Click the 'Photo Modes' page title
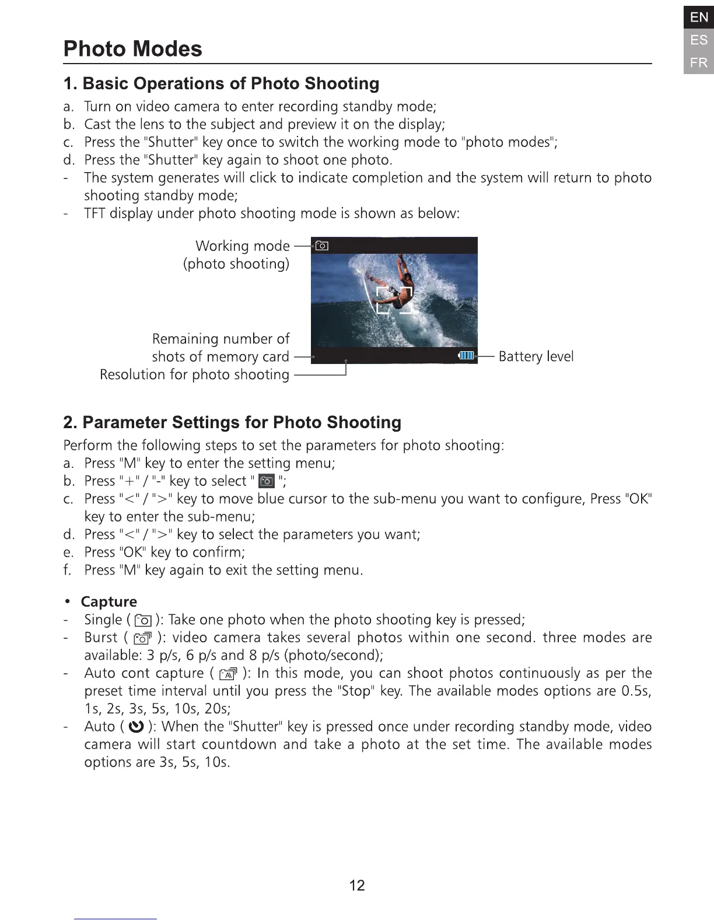132,49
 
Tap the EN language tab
698,17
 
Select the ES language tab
698,40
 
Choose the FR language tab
698,63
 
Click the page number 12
356,885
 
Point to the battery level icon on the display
467,356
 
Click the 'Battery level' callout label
535,356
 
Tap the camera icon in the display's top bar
321,246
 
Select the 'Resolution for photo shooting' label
194,374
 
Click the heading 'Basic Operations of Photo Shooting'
221,83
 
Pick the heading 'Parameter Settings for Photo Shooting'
232,422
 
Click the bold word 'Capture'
109,601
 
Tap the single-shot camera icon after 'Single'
143,621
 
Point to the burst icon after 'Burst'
143,639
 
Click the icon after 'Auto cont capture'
228,674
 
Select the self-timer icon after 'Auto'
135,727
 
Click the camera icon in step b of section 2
267,481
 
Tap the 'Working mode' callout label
242,246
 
